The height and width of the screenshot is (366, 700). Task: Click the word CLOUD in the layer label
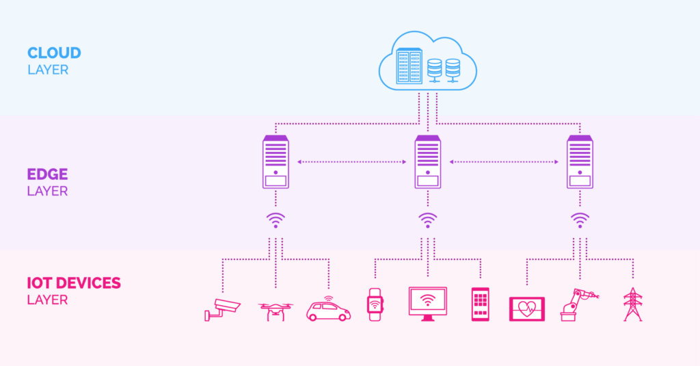[x=54, y=53]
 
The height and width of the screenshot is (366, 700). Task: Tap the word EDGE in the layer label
[x=48, y=174]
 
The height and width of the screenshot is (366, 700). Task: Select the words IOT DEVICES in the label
[x=74, y=283]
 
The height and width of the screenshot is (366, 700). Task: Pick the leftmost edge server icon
[x=275, y=162]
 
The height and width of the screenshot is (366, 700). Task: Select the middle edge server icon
[x=428, y=162]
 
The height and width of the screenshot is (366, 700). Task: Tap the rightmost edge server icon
[x=580, y=162]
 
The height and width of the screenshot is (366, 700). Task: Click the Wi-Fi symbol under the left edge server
[x=275, y=220]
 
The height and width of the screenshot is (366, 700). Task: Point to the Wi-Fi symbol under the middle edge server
[x=428, y=220]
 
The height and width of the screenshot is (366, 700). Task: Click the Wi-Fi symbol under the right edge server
[x=580, y=220]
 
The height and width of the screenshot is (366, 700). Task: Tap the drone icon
[x=275, y=311]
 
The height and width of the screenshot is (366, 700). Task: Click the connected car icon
[x=328, y=309]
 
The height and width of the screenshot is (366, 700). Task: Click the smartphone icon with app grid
[x=481, y=304]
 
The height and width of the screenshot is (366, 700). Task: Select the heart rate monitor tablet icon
[x=527, y=309]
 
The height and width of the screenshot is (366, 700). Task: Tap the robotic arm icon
[x=577, y=304]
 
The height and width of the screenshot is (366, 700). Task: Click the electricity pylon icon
[x=633, y=304]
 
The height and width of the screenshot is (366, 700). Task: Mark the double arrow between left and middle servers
[x=352, y=162]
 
